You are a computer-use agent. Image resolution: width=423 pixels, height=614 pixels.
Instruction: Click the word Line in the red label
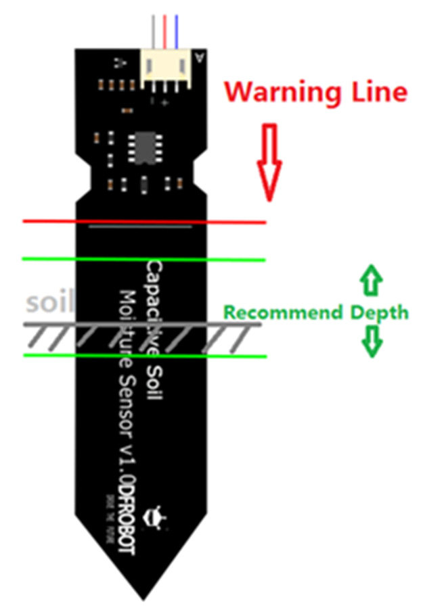tap(375, 92)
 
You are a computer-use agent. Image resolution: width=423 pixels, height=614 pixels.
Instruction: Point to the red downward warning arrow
tap(270, 162)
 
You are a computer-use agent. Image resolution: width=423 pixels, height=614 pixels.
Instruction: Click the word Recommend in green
tap(283, 312)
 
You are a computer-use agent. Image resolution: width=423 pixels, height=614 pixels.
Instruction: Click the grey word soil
tap(49, 302)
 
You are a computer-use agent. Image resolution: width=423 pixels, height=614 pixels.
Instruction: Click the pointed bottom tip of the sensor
tap(144, 595)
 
